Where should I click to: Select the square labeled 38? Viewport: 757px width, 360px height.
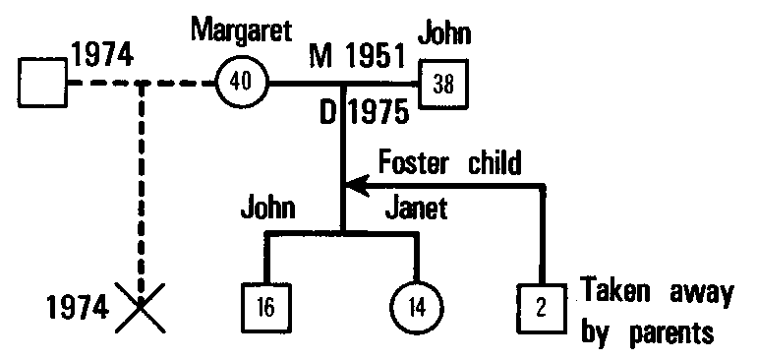tap(443, 84)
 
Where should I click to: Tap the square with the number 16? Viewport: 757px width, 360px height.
tap(265, 306)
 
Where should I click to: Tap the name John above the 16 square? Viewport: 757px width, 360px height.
tap(269, 208)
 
